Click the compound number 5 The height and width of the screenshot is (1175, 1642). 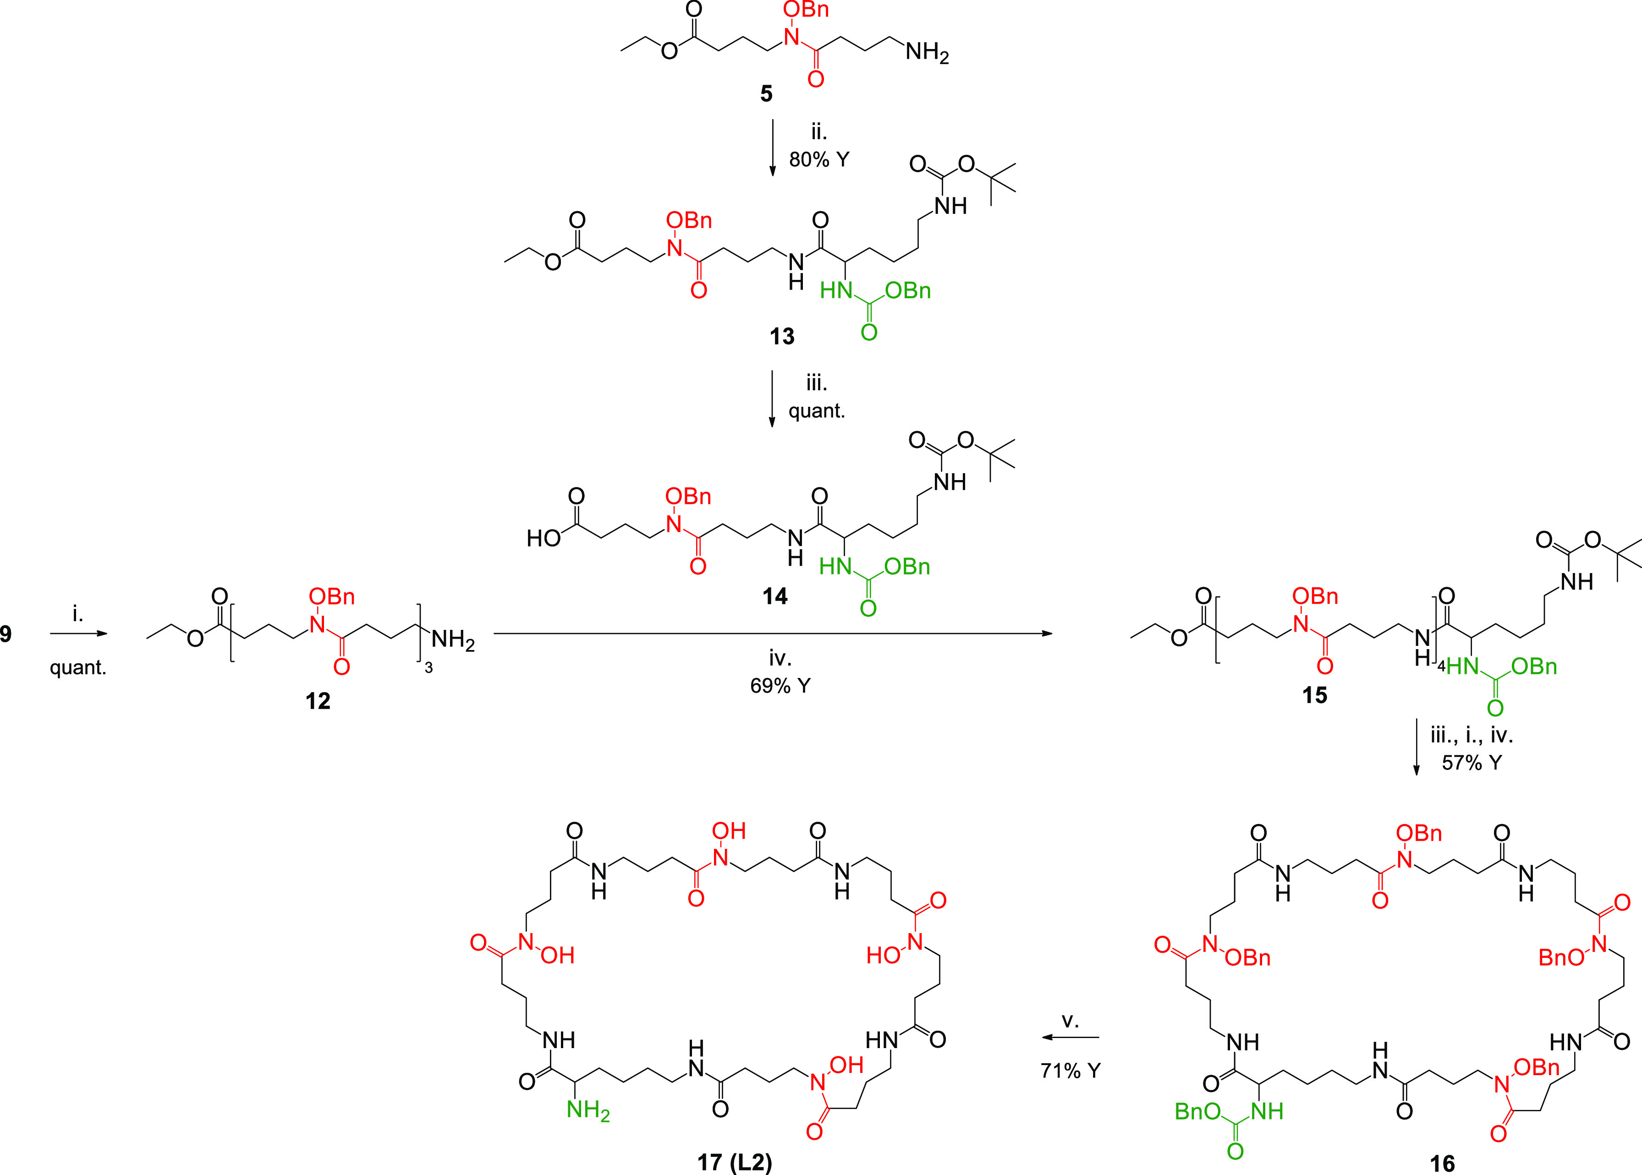(x=766, y=93)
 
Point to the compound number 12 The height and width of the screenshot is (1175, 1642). (x=318, y=700)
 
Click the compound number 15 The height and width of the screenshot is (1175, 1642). (x=1314, y=695)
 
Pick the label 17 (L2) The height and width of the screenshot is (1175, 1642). (x=735, y=1163)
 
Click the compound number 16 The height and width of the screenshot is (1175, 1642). (x=1442, y=1163)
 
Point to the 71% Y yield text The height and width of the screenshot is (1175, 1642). (x=1071, y=1071)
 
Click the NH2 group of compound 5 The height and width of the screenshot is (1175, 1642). (x=927, y=52)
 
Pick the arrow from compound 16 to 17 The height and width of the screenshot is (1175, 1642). (x=1071, y=1038)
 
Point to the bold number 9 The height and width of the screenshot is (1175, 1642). (x=6, y=634)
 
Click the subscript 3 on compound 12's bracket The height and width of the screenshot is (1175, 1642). (x=428, y=668)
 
